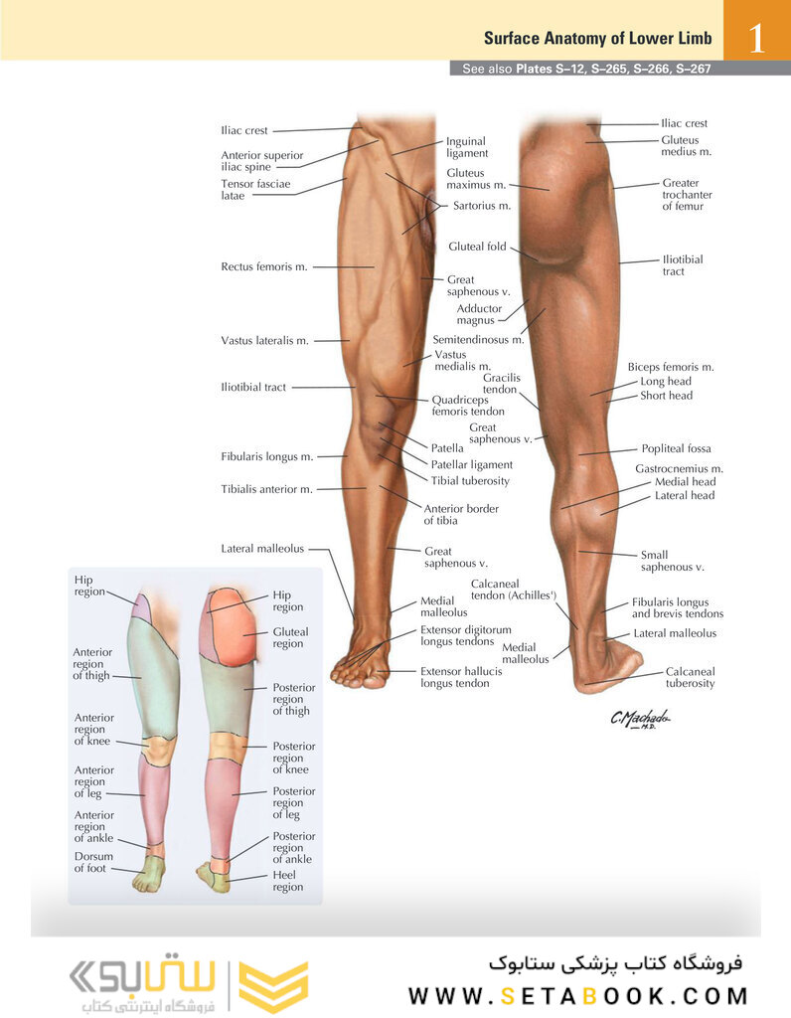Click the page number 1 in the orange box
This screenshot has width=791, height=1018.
pyautogui.click(x=756, y=39)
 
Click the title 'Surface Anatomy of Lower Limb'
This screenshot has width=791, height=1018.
pyautogui.click(x=597, y=39)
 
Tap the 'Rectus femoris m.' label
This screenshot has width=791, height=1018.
pyautogui.click(x=264, y=266)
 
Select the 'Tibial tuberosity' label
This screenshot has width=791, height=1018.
pyautogui.click(x=470, y=481)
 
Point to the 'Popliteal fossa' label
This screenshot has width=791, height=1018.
pyautogui.click(x=676, y=448)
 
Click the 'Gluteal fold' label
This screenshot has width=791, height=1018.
pyautogui.click(x=477, y=247)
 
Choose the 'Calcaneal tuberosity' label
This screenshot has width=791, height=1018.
pyautogui.click(x=690, y=678)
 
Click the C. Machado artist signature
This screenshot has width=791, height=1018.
pyautogui.click(x=640, y=719)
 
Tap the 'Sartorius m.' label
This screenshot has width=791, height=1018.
pyautogui.click(x=482, y=206)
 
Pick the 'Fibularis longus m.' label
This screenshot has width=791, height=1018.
pyautogui.click(x=266, y=457)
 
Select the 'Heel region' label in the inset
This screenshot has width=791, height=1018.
pyautogui.click(x=287, y=881)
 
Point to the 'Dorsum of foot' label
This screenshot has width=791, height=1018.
pyautogui.click(x=93, y=862)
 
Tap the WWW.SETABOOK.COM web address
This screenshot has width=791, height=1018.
pyautogui.click(x=578, y=996)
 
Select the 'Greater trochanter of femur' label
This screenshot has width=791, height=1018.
pyautogui.click(x=688, y=195)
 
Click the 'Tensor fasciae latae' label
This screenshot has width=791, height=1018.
pyautogui.click(x=255, y=190)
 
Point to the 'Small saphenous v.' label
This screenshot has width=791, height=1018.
pyautogui.click(x=673, y=561)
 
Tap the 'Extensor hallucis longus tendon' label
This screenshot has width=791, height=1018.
pyautogui.click(x=461, y=677)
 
